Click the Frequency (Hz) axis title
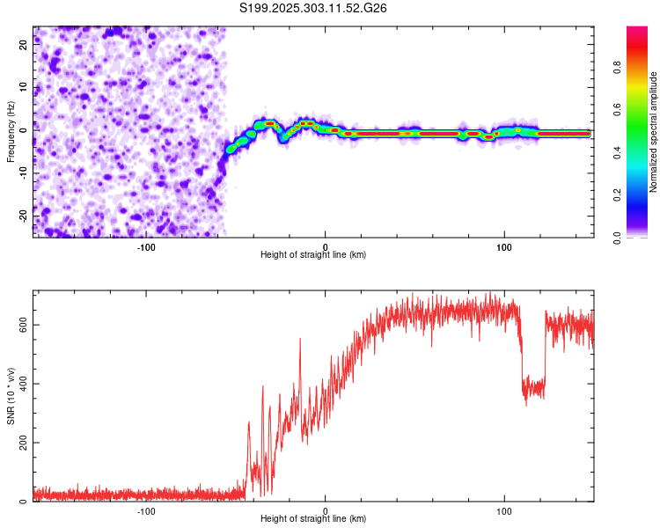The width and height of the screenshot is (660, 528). (11, 131)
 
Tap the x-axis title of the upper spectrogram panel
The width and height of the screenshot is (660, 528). (313, 254)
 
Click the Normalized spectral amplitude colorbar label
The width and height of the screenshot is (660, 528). (654, 132)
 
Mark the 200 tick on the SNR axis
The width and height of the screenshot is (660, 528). (21, 443)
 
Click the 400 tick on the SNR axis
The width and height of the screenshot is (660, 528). (21, 384)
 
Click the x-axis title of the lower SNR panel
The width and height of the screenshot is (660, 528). (313, 518)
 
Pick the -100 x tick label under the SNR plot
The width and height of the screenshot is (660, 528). (146, 510)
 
